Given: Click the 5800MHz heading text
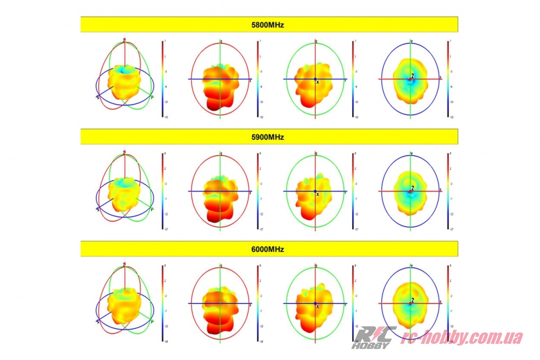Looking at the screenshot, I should [x=269, y=25].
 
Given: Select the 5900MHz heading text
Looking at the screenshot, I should [x=269, y=137].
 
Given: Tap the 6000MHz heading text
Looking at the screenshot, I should [x=269, y=249].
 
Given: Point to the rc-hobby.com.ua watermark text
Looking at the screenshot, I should [x=463, y=338].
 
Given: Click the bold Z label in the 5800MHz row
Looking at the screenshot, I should [x=413, y=76].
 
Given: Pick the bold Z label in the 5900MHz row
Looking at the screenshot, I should [x=413, y=188].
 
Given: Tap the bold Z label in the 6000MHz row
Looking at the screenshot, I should [x=413, y=300].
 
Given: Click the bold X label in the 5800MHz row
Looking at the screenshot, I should [x=318, y=82].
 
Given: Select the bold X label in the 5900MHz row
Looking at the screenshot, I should [x=318, y=194].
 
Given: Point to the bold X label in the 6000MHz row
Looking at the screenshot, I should [x=318, y=307].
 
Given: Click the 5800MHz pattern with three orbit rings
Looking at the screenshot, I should [x=125, y=79].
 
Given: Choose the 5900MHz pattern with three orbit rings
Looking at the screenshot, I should [x=125, y=192].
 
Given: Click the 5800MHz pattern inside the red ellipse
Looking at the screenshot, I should [x=220, y=86].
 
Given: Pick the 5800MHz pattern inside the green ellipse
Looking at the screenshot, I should [x=314, y=84].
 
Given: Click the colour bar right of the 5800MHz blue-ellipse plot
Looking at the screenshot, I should [x=448, y=79].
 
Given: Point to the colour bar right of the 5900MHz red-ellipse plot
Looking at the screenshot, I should [x=258, y=191].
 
